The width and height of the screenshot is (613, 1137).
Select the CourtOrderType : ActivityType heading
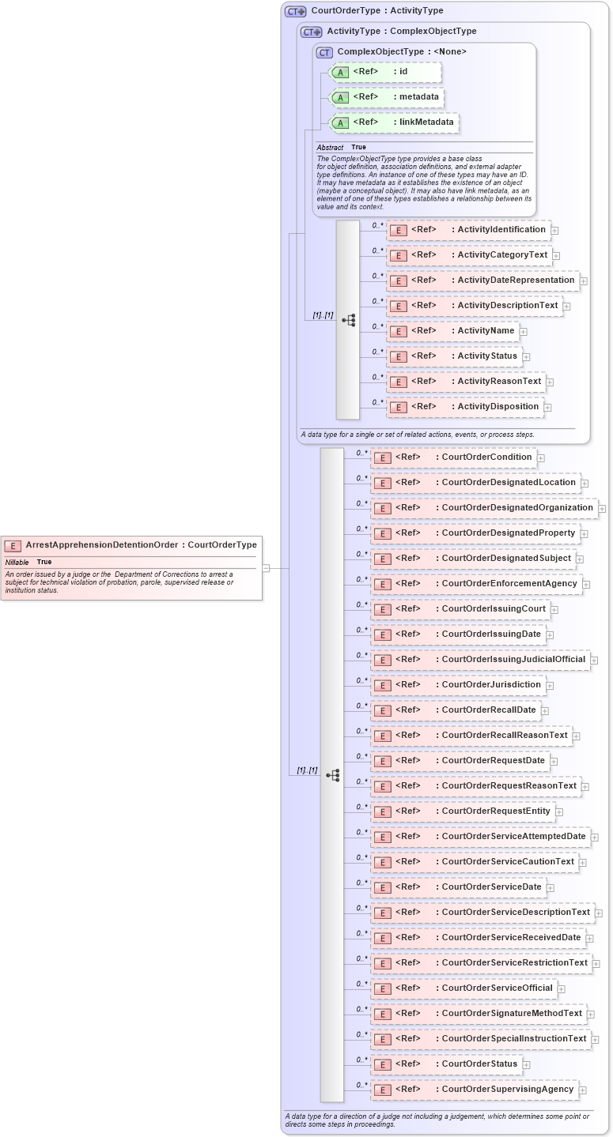pos(377,11)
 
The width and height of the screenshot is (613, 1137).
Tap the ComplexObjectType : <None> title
pos(401,52)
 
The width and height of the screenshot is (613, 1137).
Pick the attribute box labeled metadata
pos(387,97)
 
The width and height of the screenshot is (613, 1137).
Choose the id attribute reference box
pos(384,72)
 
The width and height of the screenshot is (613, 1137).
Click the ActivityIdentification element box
pos(467,230)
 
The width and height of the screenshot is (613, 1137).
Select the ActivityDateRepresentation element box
pos(482,280)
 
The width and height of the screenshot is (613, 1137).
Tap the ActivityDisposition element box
pos(464,407)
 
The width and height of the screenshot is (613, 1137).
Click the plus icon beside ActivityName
pos(524,332)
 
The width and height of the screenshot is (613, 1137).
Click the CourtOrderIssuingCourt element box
pos(460,609)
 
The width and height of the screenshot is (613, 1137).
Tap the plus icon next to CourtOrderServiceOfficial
pos(561,989)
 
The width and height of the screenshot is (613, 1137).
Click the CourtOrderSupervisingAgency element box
pos(474,1090)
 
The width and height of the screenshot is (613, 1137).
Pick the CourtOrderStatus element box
pos(445,1064)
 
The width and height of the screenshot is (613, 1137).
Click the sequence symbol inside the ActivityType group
pos(349,320)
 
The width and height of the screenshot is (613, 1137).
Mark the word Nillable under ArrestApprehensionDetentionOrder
pos(17,562)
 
